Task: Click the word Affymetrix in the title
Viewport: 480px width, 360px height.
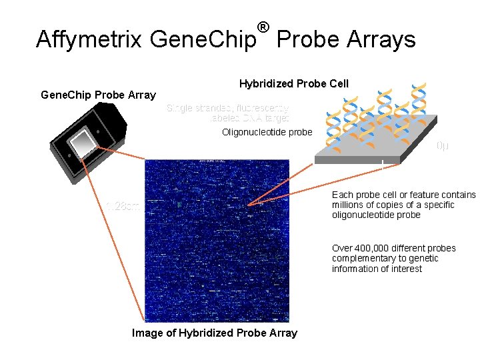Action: pos(89,39)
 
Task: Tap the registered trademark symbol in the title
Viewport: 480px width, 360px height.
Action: pos(263,27)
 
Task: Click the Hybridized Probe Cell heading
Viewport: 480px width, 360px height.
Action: pos(293,83)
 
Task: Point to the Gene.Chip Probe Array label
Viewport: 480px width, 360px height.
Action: pos(98,95)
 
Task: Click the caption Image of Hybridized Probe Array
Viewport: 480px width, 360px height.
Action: pos(214,333)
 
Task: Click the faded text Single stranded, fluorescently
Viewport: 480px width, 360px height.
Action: pos(227,107)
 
